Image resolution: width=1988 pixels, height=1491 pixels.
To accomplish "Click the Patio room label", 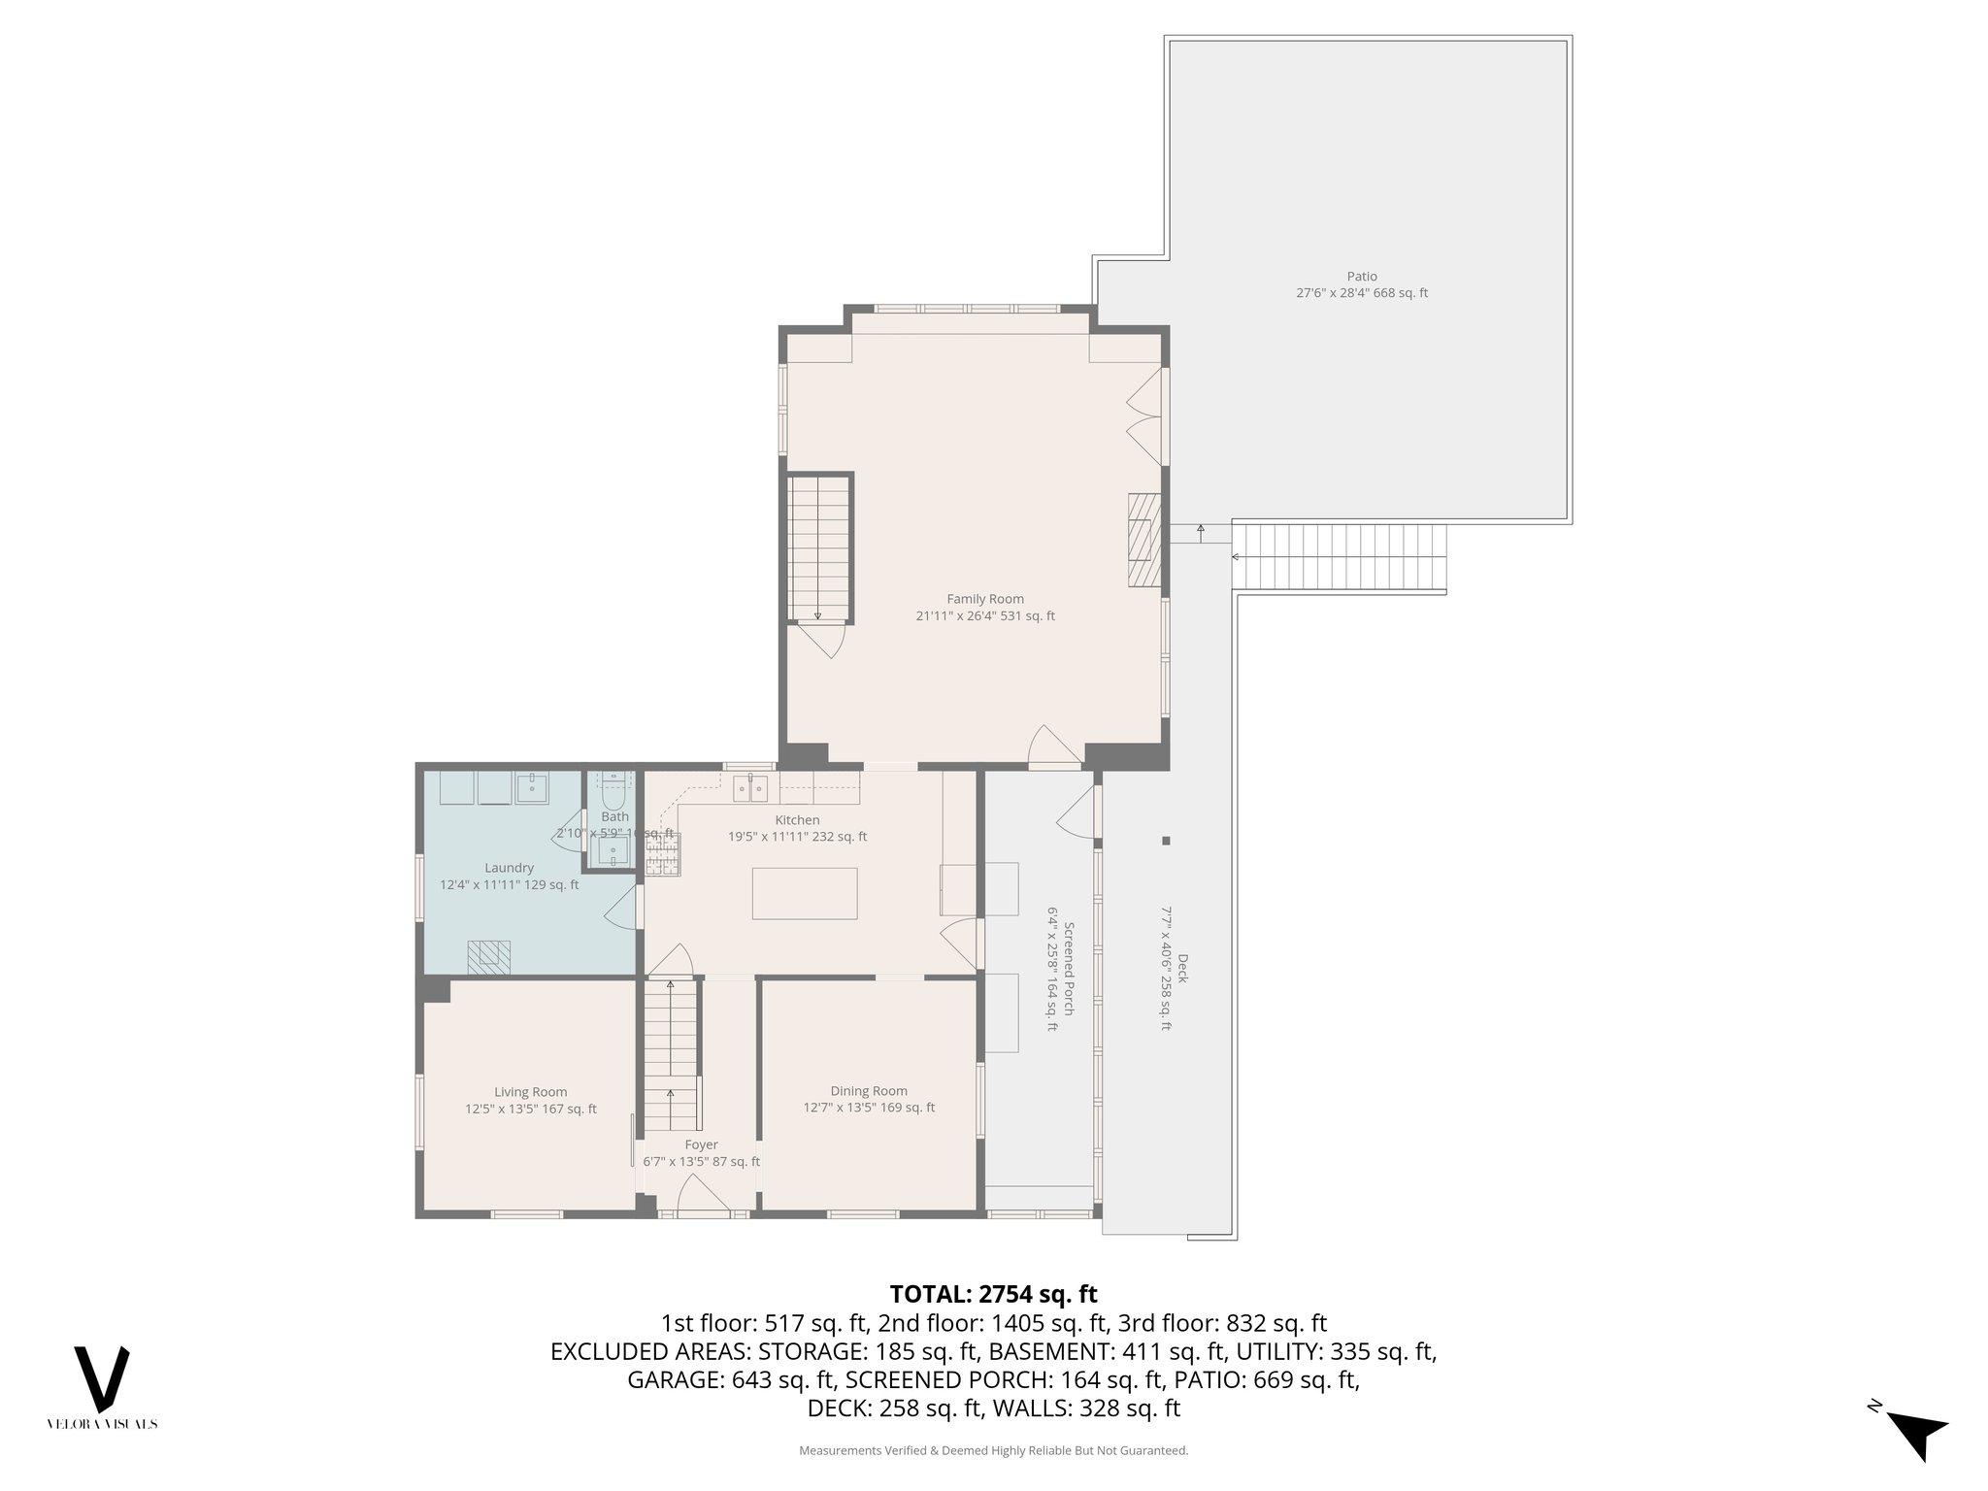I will pyautogui.click(x=1361, y=277).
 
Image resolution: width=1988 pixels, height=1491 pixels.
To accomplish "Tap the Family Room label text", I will pyautogui.click(x=985, y=599).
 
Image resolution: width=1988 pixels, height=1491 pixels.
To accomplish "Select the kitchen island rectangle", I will pyautogui.click(x=805, y=893).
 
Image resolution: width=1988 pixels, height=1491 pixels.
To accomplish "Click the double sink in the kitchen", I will pyautogui.click(x=749, y=788).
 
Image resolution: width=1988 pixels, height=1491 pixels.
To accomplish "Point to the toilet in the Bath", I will pyautogui.click(x=613, y=793).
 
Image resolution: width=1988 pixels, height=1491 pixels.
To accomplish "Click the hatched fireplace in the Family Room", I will pyautogui.click(x=1143, y=541).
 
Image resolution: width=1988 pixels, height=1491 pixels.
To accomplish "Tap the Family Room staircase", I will pyautogui.click(x=818, y=548).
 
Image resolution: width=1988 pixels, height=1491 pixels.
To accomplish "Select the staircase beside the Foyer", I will pyautogui.click(x=671, y=1053).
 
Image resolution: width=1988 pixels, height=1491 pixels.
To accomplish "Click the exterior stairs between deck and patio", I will pyautogui.click(x=1340, y=557).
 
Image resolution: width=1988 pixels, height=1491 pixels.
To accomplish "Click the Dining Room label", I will pyautogui.click(x=869, y=1091).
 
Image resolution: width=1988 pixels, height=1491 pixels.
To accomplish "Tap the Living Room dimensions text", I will pyautogui.click(x=530, y=1109).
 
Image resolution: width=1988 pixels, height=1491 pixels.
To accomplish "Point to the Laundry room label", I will pyautogui.click(x=509, y=868).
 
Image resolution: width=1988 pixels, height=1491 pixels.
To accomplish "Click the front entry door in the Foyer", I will pyautogui.click(x=703, y=1194).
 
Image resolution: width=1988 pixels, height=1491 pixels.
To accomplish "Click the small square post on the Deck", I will pyautogui.click(x=1166, y=841).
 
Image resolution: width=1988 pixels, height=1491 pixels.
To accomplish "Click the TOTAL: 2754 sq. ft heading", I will pyautogui.click(x=993, y=1294).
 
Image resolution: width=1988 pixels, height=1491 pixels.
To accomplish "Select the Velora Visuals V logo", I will pyautogui.click(x=102, y=1378).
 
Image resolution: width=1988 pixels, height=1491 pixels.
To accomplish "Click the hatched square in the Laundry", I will pyautogui.click(x=488, y=957).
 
